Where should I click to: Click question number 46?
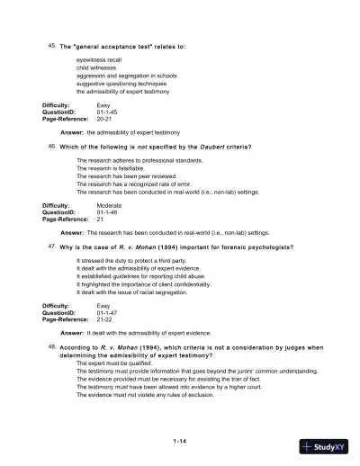click(x=51, y=145)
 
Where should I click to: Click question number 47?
click(x=51, y=246)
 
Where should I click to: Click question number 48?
click(x=51, y=345)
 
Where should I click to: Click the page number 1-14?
click(x=180, y=441)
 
